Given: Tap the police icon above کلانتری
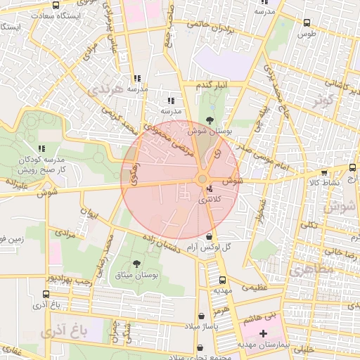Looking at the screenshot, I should tap(210, 189).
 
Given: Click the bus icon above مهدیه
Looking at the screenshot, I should tap(222, 278).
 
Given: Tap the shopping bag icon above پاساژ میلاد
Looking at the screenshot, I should tap(202, 316).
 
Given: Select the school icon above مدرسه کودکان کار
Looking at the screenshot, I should tap(41, 148).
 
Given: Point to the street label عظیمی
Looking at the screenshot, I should tap(255, 287).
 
